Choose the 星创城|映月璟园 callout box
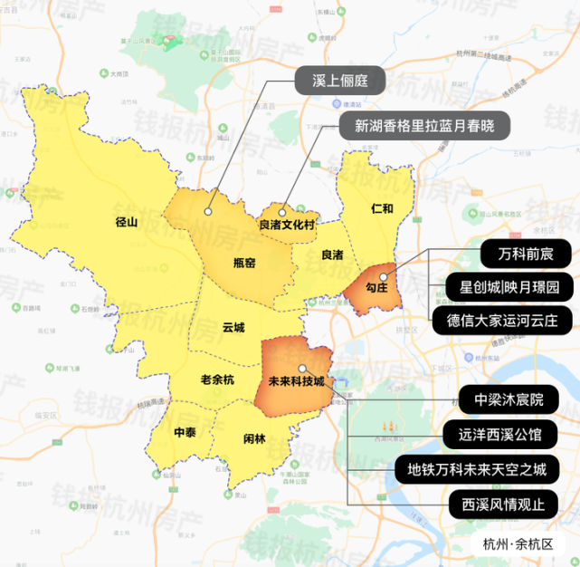click(x=509, y=287)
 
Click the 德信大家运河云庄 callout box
click(x=506, y=320)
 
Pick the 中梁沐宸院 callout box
click(x=514, y=399)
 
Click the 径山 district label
click(x=127, y=221)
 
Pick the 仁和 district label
click(x=383, y=208)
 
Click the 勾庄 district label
click(x=376, y=286)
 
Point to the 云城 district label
click(x=234, y=328)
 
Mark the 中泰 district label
click(x=185, y=431)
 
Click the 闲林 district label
click(x=255, y=439)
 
